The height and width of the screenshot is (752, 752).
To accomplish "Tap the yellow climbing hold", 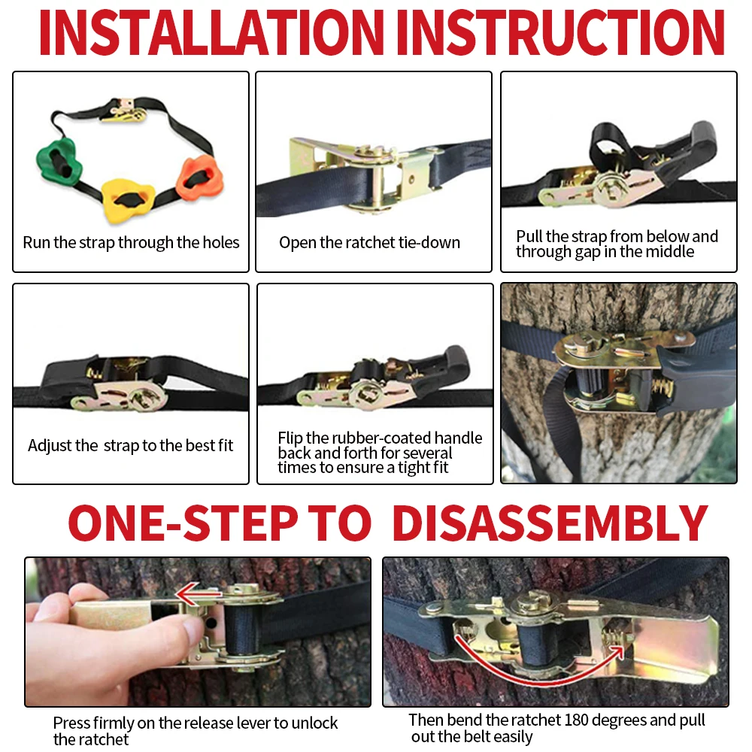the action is (128, 199).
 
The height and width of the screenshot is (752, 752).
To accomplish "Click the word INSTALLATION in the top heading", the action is (211, 32).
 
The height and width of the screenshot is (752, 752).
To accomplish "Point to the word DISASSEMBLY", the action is (550, 523).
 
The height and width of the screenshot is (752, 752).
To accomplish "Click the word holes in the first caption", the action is (220, 243).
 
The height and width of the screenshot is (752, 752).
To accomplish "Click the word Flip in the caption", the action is (290, 438).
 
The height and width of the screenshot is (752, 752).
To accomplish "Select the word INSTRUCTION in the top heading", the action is (560, 32).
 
